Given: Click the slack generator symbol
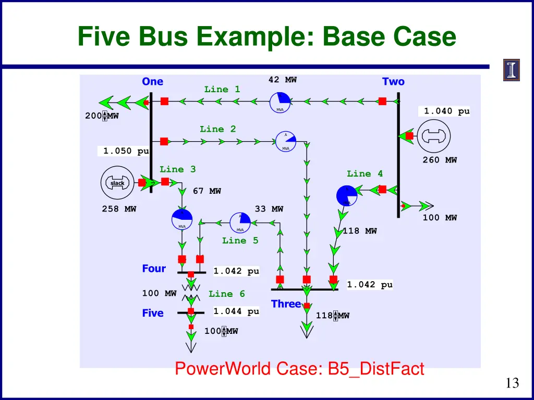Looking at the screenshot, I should point(117,183).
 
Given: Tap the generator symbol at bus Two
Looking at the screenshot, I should point(435,136).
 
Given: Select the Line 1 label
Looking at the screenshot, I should point(222,90).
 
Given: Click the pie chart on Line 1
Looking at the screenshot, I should point(280,102).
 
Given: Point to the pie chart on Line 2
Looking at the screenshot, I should point(286,141).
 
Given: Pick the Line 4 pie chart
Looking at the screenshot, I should point(347,196).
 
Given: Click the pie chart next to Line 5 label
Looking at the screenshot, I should point(240,223).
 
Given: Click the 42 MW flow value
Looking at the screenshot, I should point(283,80).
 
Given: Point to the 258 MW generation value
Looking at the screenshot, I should point(119,209).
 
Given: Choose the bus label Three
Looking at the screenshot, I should point(286,304).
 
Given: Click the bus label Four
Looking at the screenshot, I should point(154,269).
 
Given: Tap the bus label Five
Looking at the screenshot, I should point(153,313).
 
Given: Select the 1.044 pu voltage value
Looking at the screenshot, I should point(236,311).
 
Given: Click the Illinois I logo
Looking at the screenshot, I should point(512,70).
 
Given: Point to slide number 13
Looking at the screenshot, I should point(512,383).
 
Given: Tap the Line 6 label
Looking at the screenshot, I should point(227,294).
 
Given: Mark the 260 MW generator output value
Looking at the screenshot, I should point(440,160).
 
